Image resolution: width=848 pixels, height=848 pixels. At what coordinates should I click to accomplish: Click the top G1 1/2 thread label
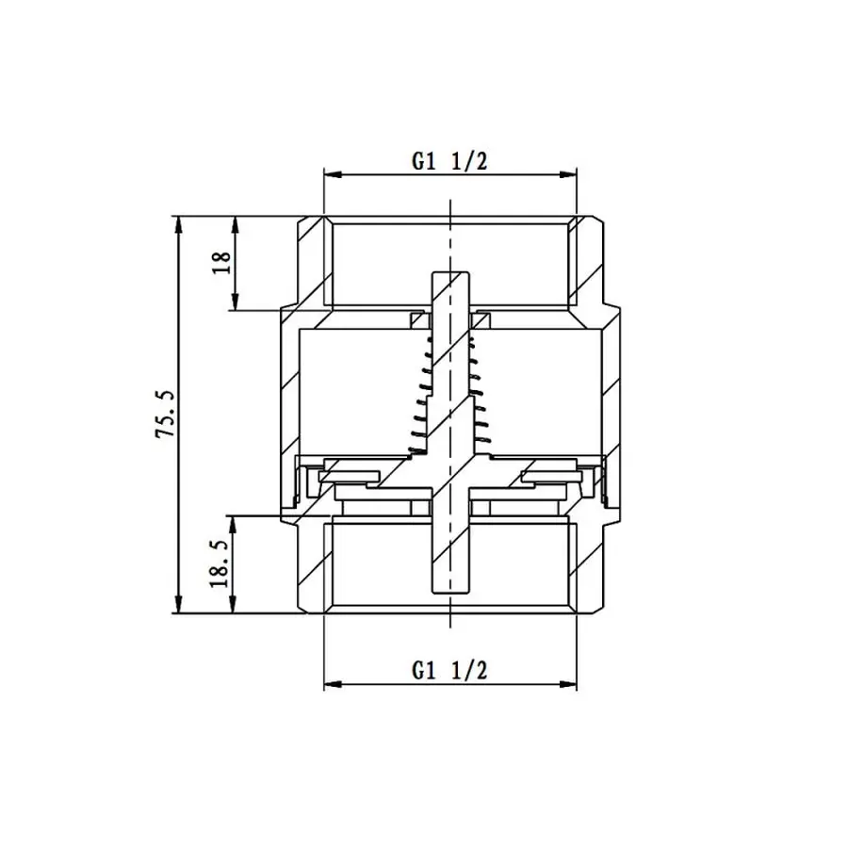point(449,161)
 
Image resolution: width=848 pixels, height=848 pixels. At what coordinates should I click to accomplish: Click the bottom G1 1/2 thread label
point(449,671)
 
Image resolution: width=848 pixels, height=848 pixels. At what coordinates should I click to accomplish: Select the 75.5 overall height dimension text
point(166,415)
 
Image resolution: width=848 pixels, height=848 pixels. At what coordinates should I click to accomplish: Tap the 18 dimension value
point(222,263)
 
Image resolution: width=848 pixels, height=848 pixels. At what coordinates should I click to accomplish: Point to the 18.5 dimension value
point(222,564)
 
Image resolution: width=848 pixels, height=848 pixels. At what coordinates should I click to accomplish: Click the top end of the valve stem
point(450,276)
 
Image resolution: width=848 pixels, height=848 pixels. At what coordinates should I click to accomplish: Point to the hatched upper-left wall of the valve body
point(311,264)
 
